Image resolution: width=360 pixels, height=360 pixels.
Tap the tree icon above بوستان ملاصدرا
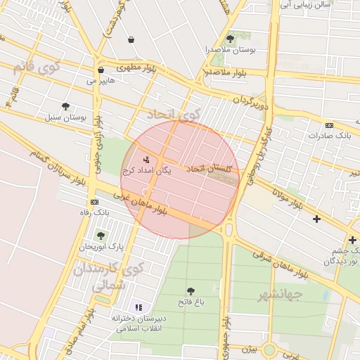(x=230, y=39)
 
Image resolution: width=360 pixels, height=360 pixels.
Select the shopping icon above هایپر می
(x=101, y=70)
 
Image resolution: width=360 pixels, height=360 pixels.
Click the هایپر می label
(x=100, y=81)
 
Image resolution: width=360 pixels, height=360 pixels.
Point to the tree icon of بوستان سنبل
(x=65, y=107)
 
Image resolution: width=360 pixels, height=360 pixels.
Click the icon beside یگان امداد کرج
(x=146, y=160)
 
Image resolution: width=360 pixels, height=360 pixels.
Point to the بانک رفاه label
(x=95, y=212)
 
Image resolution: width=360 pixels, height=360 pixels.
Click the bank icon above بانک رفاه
(x=94, y=202)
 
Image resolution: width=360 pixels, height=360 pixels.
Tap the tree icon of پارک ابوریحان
(x=101, y=236)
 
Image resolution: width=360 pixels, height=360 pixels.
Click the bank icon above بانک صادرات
(x=329, y=124)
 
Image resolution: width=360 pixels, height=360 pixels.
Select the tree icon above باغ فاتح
(x=191, y=290)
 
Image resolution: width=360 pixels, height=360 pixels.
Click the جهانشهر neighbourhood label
(x=279, y=294)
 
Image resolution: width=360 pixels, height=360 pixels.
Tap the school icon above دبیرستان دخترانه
(x=139, y=307)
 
